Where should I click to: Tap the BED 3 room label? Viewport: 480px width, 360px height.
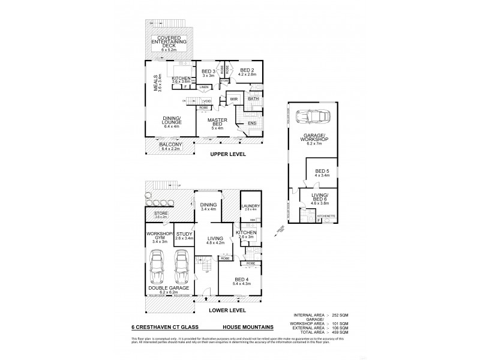[208, 73]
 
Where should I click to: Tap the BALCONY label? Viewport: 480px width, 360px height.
[164, 146]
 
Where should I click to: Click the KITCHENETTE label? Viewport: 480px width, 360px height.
[325, 215]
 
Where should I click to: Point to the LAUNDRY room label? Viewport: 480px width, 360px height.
[250, 207]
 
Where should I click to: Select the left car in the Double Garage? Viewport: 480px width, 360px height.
[157, 266]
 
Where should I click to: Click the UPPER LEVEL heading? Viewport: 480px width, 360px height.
[227, 154]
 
